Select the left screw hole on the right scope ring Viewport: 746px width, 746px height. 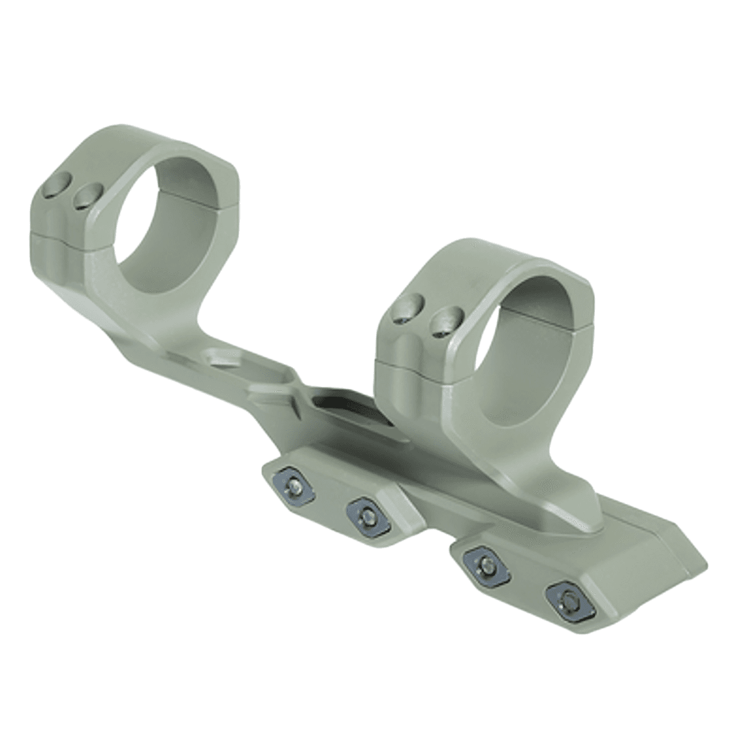tap(407, 310)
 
